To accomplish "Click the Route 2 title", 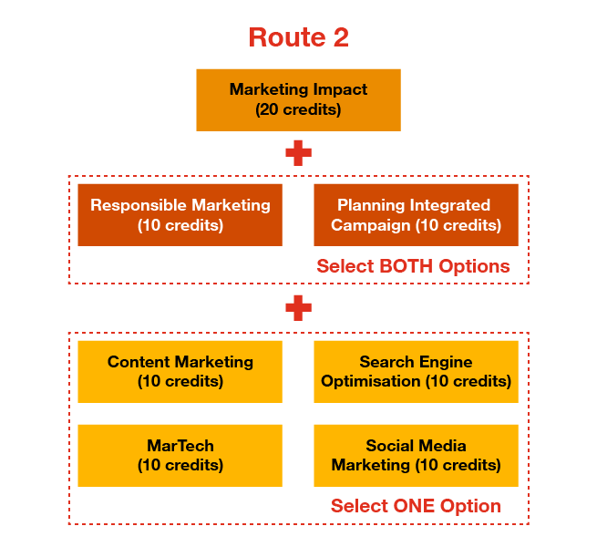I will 298,37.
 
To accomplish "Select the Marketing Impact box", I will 298,99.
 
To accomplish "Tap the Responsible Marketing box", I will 180,215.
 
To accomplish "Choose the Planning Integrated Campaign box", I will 416,215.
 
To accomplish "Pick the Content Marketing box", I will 180,371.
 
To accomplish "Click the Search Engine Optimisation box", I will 416,371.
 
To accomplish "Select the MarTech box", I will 180,455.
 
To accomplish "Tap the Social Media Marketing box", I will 416,455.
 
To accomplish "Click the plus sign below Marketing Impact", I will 298,152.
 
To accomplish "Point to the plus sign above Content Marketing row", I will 298,308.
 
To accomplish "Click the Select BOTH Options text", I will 413,267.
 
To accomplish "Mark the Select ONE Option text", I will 416,506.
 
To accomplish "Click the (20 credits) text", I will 298,109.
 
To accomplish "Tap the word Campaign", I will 364,225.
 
